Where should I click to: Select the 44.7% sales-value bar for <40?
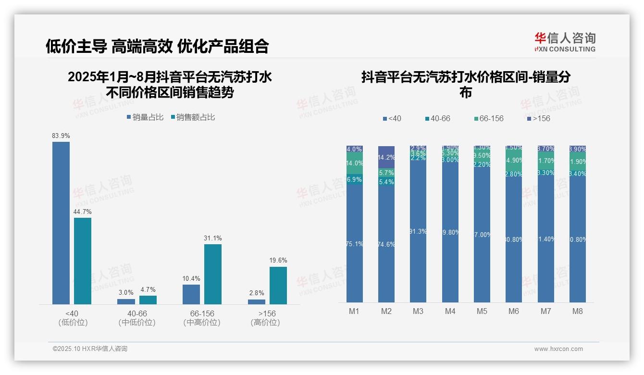click(83, 261)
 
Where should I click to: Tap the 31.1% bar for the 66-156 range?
click(213, 274)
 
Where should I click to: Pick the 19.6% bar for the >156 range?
click(278, 285)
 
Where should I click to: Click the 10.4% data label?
click(191, 278)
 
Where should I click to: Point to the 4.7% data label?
click(148, 289)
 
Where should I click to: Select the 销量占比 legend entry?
click(145, 117)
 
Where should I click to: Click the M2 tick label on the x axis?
click(386, 311)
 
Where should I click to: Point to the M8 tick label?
click(578, 311)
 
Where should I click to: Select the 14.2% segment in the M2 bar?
click(386, 157)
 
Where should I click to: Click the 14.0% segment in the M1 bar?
click(354, 163)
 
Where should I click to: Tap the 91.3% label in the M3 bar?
click(418, 231)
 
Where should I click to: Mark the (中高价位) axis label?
click(202, 323)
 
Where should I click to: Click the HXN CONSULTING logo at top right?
click(565, 42)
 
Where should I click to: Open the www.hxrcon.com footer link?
click(558, 349)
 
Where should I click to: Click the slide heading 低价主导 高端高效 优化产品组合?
click(157, 46)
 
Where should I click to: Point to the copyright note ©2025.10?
click(90, 349)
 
